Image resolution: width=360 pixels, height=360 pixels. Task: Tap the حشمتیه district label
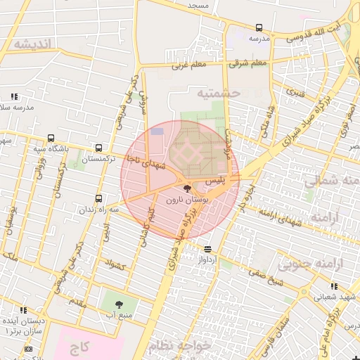(219, 93)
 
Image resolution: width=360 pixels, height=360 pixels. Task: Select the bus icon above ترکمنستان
(98, 148)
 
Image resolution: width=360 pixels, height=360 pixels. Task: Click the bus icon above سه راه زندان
(98, 198)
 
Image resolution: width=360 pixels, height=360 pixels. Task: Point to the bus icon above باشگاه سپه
(49, 138)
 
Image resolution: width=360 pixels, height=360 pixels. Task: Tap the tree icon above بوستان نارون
(186, 188)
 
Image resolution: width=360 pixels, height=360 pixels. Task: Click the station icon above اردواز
(207, 249)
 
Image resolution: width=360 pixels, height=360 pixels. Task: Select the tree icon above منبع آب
(117, 304)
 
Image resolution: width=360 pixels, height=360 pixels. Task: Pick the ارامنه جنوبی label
(308, 264)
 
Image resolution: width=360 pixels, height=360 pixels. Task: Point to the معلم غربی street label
(188, 66)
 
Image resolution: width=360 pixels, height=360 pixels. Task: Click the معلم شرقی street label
(247, 63)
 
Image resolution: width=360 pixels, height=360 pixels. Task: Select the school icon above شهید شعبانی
(334, 285)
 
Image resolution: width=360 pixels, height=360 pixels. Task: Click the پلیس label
(215, 181)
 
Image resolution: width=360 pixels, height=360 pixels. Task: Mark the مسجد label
(198, 5)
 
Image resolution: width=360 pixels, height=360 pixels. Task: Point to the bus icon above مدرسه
(259, 28)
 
